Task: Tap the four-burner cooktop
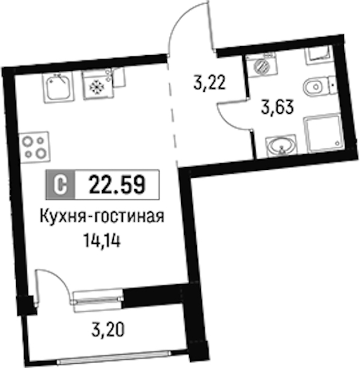coord(35,147)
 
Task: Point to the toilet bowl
coord(320,86)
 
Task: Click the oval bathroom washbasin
coord(281,145)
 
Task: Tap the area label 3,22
coord(209,83)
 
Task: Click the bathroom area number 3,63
coord(277,107)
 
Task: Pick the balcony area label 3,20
coord(107,329)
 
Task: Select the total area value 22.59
coord(117,184)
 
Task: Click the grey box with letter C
coord(61,184)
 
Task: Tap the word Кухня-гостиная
coord(102,216)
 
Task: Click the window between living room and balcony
coord(98,301)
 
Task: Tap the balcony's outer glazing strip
coord(114,358)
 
